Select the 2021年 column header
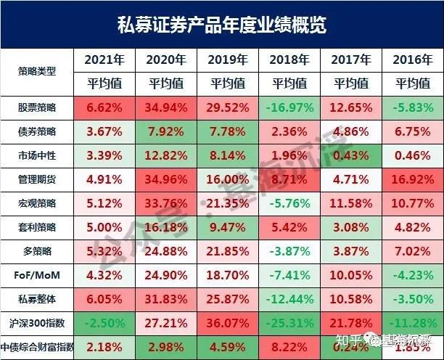(107, 60)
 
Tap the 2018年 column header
(289, 60)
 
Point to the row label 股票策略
(37, 107)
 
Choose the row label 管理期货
(37, 178)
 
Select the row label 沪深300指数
(37, 320)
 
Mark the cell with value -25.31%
(289, 320)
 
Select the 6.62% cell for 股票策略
(107, 107)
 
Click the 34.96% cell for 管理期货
(167, 178)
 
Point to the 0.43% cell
(351, 155)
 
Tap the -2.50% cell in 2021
(107, 320)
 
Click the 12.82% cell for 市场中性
(167, 155)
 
